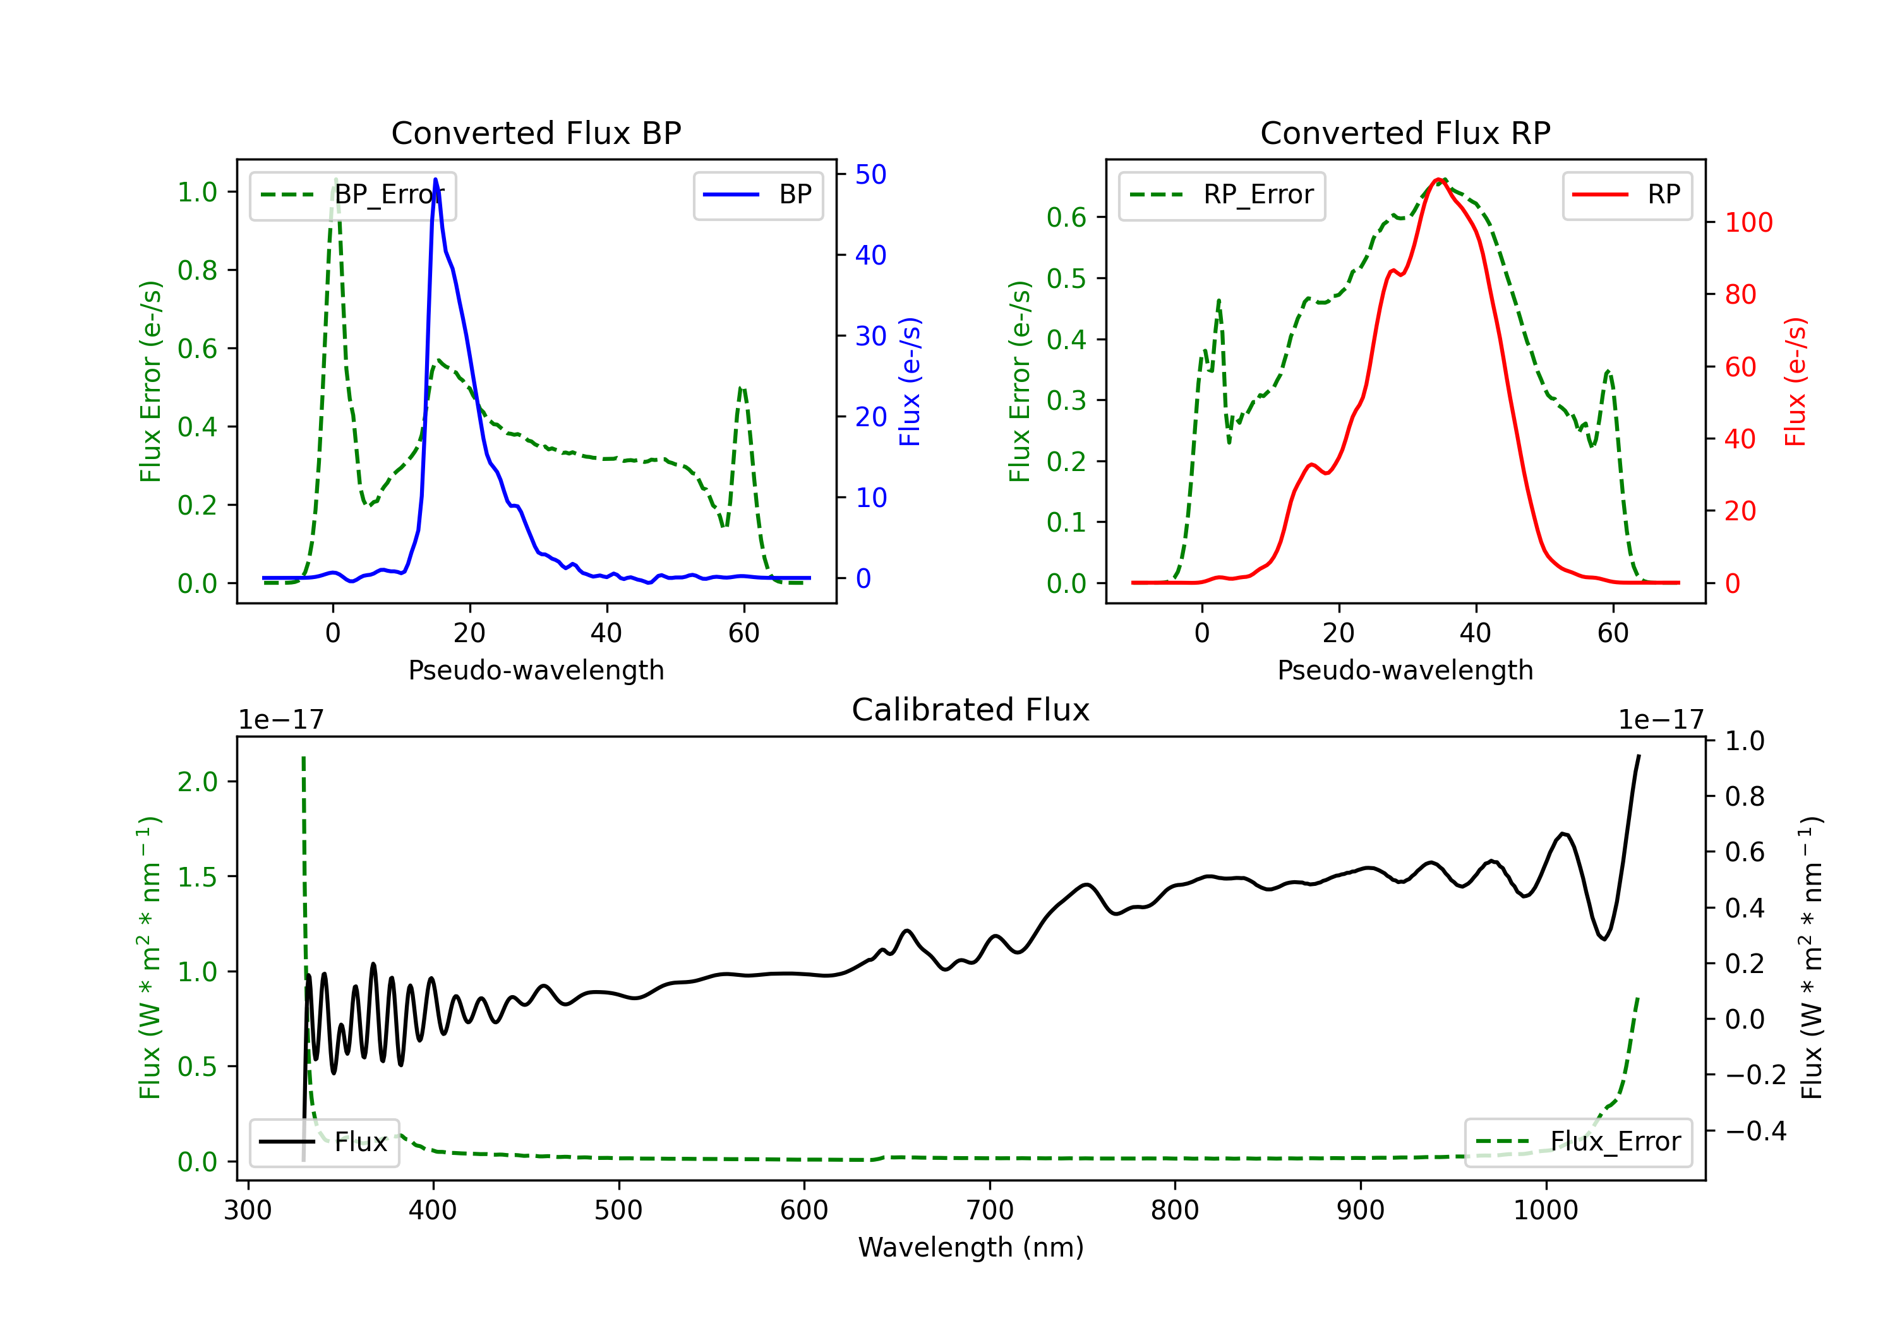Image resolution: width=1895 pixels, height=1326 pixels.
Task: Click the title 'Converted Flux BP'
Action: pos(536,133)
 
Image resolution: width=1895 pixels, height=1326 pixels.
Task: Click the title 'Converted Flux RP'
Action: pos(1405,133)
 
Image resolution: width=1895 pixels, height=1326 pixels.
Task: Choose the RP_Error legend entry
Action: pos(1222,194)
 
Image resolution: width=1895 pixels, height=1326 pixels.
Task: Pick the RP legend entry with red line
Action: pos(1627,194)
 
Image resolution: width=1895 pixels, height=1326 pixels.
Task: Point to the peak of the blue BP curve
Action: pos(436,179)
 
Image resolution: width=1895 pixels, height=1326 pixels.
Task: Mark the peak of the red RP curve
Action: pos(1438,179)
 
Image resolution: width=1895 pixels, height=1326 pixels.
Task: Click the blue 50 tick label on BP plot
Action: pos(870,174)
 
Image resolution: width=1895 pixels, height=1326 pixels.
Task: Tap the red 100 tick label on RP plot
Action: pos(1748,222)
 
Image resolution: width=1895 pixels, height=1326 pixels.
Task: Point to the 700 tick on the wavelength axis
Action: pos(990,1210)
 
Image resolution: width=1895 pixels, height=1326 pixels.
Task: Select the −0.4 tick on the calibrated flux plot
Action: pos(1755,1130)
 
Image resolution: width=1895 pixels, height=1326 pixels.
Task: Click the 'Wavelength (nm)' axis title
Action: pos(971,1247)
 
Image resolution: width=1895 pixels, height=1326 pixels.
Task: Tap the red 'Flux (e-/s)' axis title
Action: pos(1796,381)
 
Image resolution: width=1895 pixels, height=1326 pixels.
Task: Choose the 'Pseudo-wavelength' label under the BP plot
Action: pos(536,670)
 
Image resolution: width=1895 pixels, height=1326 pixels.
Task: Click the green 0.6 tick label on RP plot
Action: pos(1066,217)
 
